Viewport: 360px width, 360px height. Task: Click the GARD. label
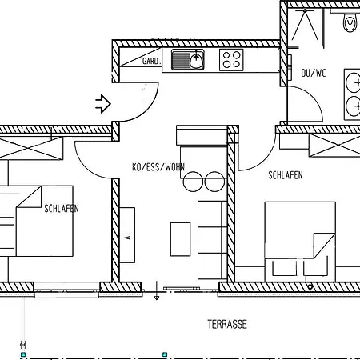coord(152,60)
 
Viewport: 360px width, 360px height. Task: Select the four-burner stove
coord(232,58)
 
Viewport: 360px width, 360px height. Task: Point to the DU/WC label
coord(313,73)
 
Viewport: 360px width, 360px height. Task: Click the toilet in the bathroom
coord(350,23)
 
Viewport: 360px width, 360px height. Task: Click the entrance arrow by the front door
coord(102,102)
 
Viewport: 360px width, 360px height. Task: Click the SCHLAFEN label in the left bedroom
coord(62,209)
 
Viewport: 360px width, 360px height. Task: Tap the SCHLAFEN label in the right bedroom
coord(285,174)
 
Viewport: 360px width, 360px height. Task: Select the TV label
coord(127,237)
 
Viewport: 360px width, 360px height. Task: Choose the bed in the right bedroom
coord(300,240)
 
